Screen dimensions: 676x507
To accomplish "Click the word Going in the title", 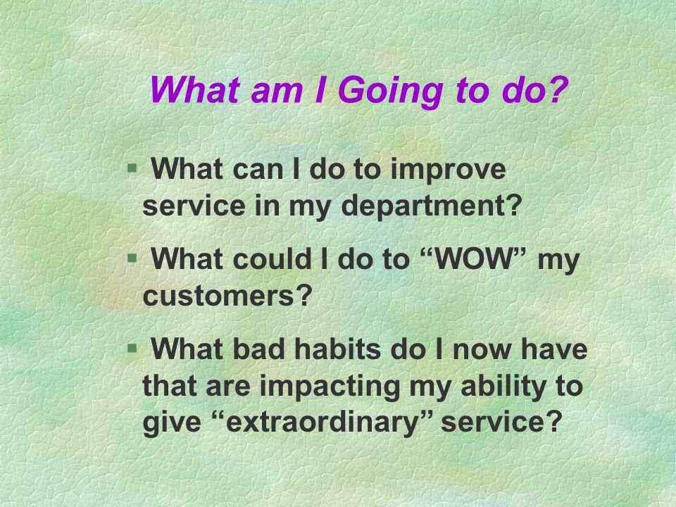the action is pos(391,92).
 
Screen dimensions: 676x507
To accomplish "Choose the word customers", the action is pos(218,296).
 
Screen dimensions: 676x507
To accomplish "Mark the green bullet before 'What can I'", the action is pos(132,167).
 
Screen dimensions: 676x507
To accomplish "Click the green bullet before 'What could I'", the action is pos(132,258).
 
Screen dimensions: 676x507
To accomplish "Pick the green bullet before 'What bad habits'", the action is pos(132,348).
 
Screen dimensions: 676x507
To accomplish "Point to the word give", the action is pos(172,423).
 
